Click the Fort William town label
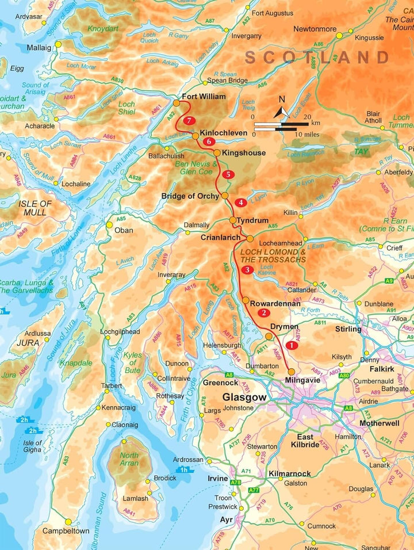[204, 97]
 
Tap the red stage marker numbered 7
[190, 121]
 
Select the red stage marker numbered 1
[292, 346]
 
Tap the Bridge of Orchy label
[190, 196]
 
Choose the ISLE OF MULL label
[34, 208]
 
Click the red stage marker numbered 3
[247, 270]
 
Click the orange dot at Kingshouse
[217, 153]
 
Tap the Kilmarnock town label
[290, 473]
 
